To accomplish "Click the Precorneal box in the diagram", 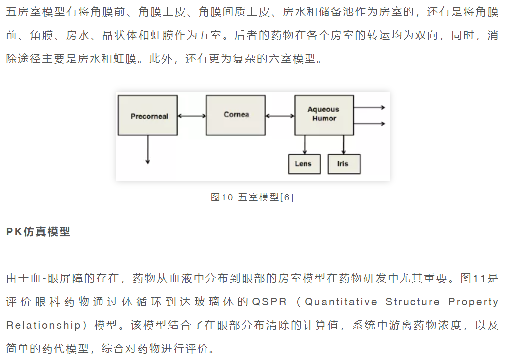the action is [148, 116].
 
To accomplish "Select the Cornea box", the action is [236, 116].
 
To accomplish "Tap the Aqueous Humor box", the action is [324, 116].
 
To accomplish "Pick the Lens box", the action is [305, 164].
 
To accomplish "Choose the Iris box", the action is [344, 164].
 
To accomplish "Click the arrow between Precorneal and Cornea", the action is [192, 116].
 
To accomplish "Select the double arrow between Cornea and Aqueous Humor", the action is [280, 116].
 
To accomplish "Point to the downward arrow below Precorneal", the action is [148, 149].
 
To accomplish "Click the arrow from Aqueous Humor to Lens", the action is [305, 145].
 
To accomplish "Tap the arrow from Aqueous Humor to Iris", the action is [343, 145].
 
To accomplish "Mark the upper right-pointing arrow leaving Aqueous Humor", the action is [369, 107].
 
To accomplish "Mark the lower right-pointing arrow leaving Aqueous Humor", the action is [369, 124].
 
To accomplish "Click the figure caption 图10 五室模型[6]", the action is [252, 197].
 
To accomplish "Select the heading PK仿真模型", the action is [38, 232].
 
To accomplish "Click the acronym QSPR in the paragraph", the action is [269, 302].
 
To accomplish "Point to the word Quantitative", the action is [340, 302].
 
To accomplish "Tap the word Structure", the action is [412, 302].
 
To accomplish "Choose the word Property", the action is [473, 302].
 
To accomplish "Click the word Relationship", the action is [43, 325].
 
